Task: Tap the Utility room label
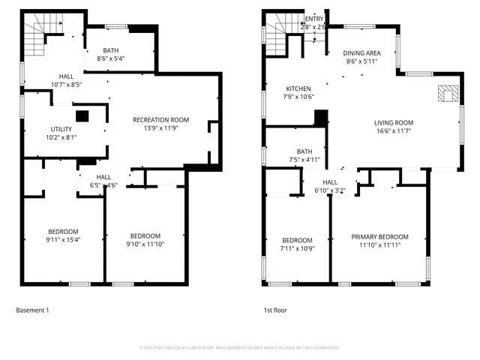61,133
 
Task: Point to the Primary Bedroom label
380,241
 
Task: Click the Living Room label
394,127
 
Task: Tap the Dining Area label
362,57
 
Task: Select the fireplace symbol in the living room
448,94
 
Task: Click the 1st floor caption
274,310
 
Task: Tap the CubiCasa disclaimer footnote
240,348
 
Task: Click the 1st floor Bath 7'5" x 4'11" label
304,155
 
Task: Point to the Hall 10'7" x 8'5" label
66,80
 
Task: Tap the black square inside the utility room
82,116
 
